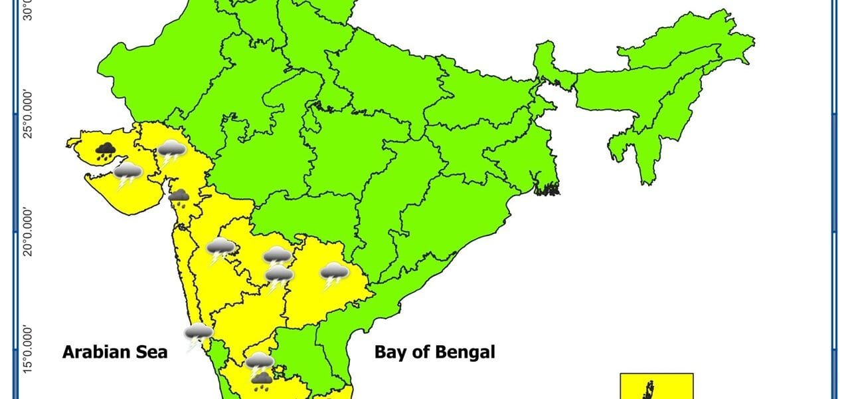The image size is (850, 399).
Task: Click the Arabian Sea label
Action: (115, 352)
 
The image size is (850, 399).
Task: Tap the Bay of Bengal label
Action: (434, 352)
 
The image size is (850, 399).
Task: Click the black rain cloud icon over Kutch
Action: (104, 152)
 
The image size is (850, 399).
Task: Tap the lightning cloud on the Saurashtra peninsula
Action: (127, 176)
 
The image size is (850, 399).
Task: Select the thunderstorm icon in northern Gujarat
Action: (171, 153)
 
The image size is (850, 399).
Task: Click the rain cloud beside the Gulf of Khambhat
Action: (179, 197)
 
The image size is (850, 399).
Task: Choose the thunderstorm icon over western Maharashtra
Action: (220, 251)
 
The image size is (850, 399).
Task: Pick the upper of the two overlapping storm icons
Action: (277, 256)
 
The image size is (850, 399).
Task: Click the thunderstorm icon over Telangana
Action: (334, 274)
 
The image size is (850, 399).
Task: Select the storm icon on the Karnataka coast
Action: (199, 336)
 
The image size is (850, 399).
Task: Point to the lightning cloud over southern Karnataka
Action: (259, 363)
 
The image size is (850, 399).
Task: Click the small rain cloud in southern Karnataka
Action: (262, 380)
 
